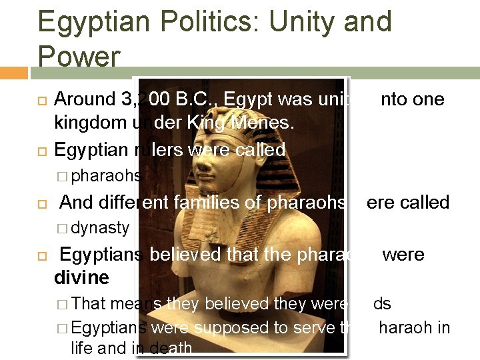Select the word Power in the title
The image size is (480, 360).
click(79, 56)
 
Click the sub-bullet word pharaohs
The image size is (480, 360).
click(105, 176)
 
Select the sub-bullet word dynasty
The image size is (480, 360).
click(100, 228)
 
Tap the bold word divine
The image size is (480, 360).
click(81, 277)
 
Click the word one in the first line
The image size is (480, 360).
click(431, 99)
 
